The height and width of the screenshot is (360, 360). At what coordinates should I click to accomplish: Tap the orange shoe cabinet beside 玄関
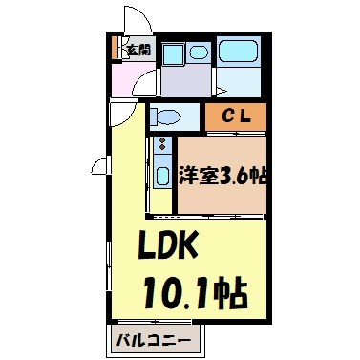pos(116,49)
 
